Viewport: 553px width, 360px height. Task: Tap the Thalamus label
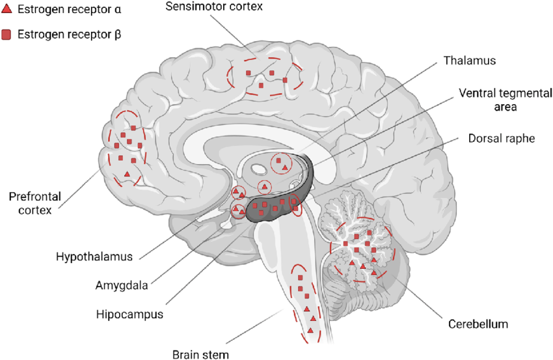(x=470, y=61)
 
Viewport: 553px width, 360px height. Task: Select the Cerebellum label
(x=478, y=324)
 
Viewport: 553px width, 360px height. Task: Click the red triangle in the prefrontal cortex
(x=127, y=173)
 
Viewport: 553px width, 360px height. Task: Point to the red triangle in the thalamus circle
(x=284, y=169)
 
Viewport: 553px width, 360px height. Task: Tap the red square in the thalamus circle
(x=278, y=159)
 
